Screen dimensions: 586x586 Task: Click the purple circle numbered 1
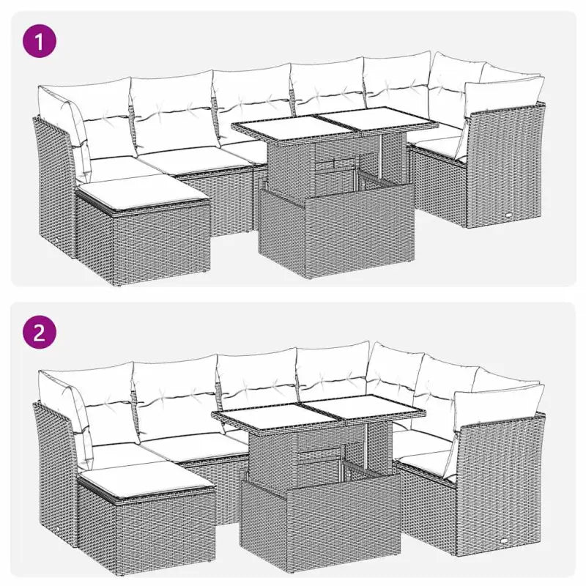pos(40,40)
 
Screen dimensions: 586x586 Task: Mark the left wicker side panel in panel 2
pos(53,469)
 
